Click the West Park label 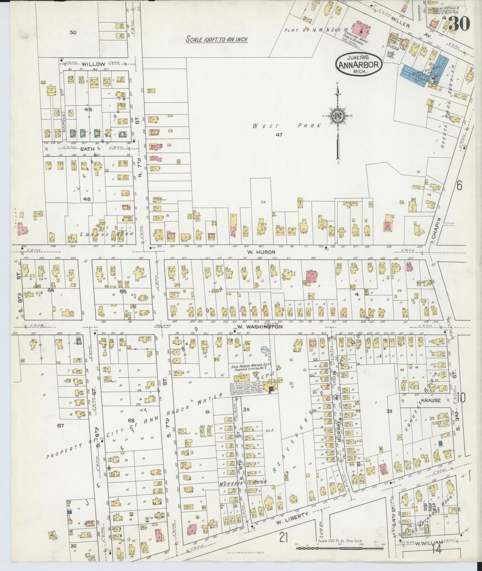coord(287,126)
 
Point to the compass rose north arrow coord(338,117)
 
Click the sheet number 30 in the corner coord(460,23)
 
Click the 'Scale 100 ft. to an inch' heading coord(216,39)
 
